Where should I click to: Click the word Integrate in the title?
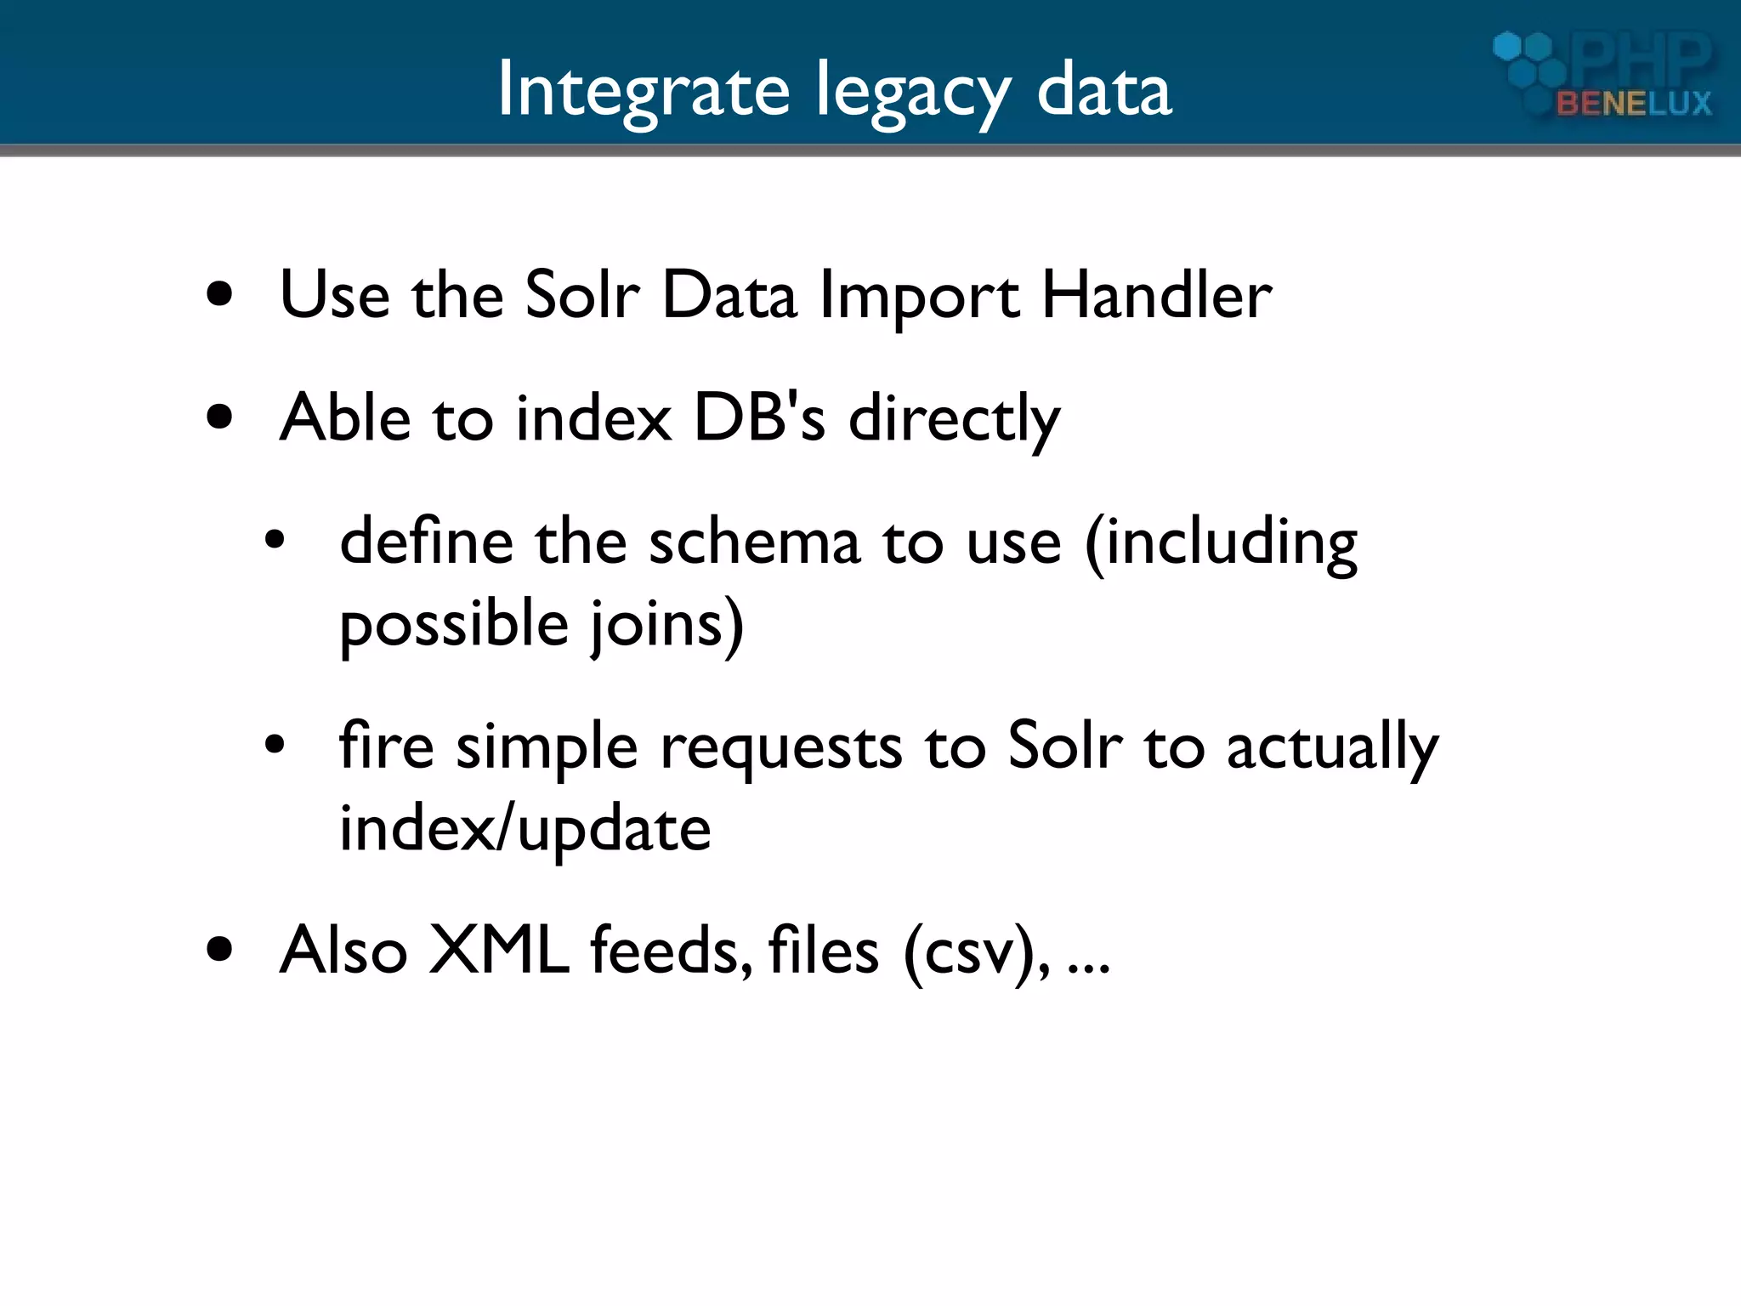tap(644, 90)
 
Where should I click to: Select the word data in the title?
tap(1104, 90)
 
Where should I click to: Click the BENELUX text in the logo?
tap(1633, 104)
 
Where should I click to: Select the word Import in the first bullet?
tap(919, 298)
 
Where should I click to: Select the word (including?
tap(1221, 544)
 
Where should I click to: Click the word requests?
tap(780, 748)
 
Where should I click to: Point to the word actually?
tap(1331, 748)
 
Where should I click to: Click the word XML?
tap(499, 950)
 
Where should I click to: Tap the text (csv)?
tap(976, 952)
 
